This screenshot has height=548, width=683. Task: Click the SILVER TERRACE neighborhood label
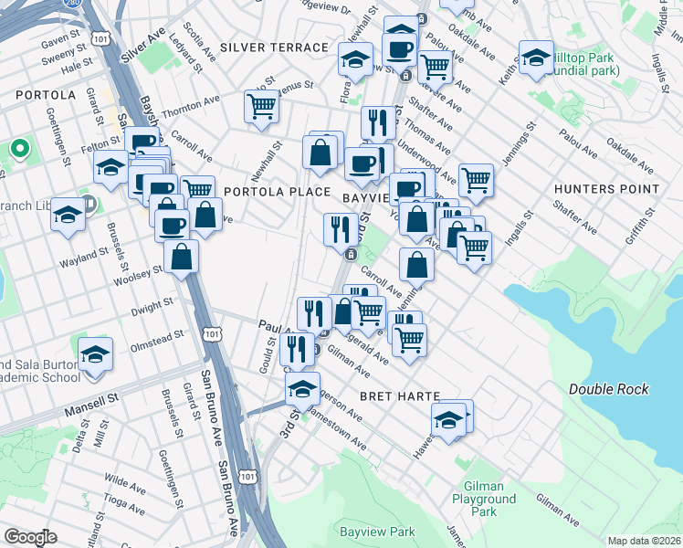(x=274, y=47)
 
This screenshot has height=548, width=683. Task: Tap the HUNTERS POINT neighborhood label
(x=606, y=189)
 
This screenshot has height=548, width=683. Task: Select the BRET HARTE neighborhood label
(x=400, y=396)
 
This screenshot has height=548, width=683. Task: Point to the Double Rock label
(x=609, y=389)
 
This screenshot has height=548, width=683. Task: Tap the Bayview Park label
(x=377, y=532)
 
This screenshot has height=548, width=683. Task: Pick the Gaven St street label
(x=62, y=43)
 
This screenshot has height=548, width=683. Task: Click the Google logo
(x=30, y=537)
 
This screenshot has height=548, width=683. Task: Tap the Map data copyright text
(x=643, y=541)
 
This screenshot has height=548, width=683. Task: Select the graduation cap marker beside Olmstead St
(x=95, y=353)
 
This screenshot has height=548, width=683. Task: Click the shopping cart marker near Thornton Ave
(x=261, y=106)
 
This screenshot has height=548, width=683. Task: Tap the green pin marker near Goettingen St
(x=19, y=148)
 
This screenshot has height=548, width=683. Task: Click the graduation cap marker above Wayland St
(x=68, y=215)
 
